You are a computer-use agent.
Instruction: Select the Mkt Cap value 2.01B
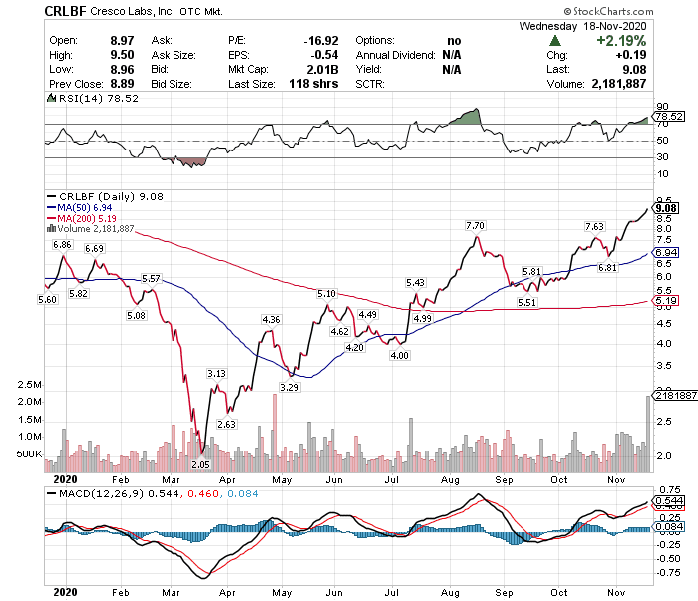coord(327,70)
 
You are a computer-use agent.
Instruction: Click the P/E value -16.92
coord(322,39)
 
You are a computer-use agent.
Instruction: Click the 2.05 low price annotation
coord(201,464)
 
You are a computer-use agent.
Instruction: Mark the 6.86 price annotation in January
coord(63,244)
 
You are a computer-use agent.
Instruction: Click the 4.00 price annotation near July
coord(399,355)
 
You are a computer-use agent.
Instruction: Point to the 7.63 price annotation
coord(594,227)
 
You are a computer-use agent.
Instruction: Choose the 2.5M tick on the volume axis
coord(28,385)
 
